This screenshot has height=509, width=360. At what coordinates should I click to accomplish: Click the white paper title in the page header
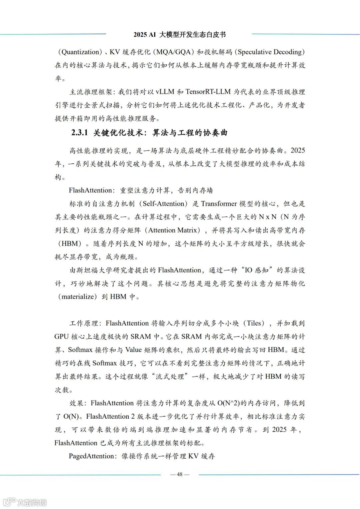point(180,35)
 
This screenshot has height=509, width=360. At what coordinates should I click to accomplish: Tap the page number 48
point(180,474)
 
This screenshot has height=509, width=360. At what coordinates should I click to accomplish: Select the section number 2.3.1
point(79,133)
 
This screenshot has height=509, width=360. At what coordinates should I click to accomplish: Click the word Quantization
point(81,52)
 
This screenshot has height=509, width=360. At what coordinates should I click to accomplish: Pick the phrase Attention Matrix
point(174,230)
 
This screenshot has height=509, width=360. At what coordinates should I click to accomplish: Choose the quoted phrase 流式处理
point(171,377)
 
